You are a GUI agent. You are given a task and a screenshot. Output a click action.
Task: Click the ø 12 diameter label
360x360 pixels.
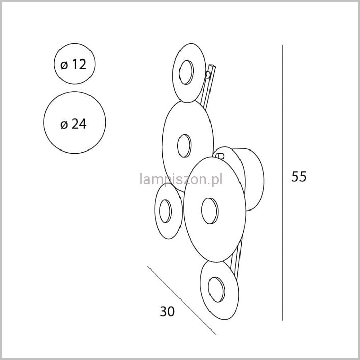73,64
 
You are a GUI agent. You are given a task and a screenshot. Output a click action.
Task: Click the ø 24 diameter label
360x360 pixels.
73,124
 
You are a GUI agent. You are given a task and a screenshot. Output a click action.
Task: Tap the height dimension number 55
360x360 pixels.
299,176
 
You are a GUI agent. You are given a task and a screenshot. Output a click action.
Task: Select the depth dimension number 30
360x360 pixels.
167,311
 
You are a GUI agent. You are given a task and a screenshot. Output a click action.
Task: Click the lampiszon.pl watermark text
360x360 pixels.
181,179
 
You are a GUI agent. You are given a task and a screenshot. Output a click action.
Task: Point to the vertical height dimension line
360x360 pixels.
282,183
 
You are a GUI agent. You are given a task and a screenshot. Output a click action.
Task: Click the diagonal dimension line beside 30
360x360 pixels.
182,300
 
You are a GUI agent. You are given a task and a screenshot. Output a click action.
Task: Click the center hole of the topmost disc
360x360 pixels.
186,72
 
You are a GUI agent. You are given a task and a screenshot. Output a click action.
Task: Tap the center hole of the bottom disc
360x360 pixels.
217,289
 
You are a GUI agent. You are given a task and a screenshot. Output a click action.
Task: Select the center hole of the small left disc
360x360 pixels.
165,211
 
